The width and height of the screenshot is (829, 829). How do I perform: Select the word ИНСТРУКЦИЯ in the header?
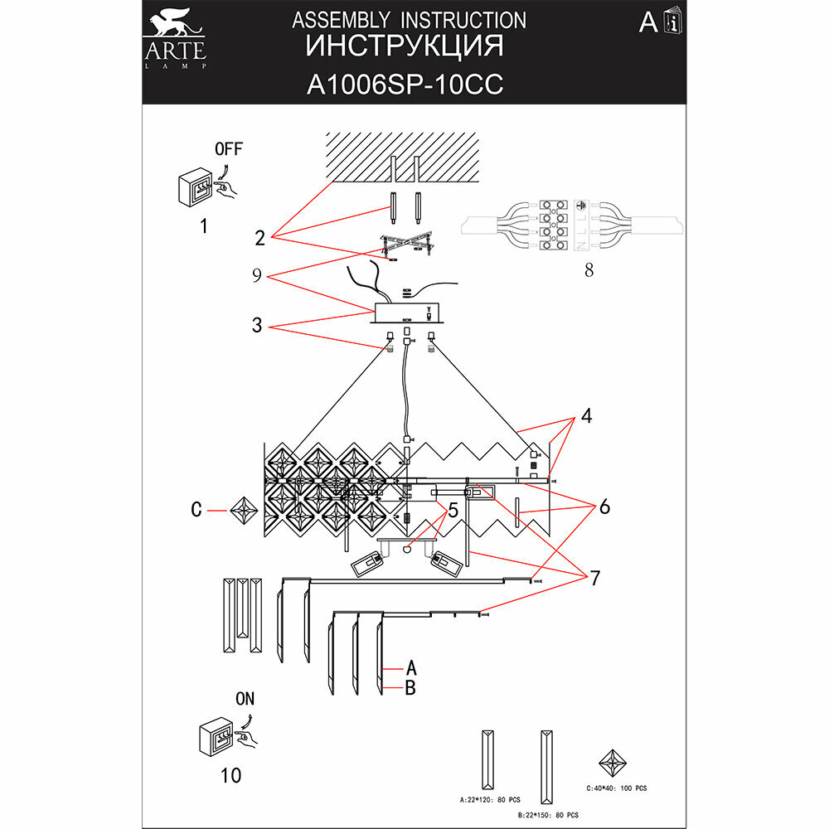pyautogui.click(x=405, y=46)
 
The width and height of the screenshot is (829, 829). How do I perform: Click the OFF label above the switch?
pyautogui.click(x=228, y=150)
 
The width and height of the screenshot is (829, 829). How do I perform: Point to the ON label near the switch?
pyautogui.click(x=245, y=699)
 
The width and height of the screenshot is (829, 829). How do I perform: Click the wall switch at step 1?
pyautogui.click(x=197, y=189)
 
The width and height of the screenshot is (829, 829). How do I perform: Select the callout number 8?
pyautogui.click(x=589, y=269)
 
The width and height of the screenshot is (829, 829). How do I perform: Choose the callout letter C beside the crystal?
pyautogui.click(x=196, y=511)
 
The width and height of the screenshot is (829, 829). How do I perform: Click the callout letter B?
pyautogui.click(x=410, y=687)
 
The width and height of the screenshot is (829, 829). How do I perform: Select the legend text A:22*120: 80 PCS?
pyautogui.click(x=490, y=800)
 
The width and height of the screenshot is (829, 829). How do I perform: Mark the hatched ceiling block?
pyautogui.click(x=404, y=157)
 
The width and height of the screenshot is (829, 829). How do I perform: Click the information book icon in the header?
pyautogui.click(x=673, y=23)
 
